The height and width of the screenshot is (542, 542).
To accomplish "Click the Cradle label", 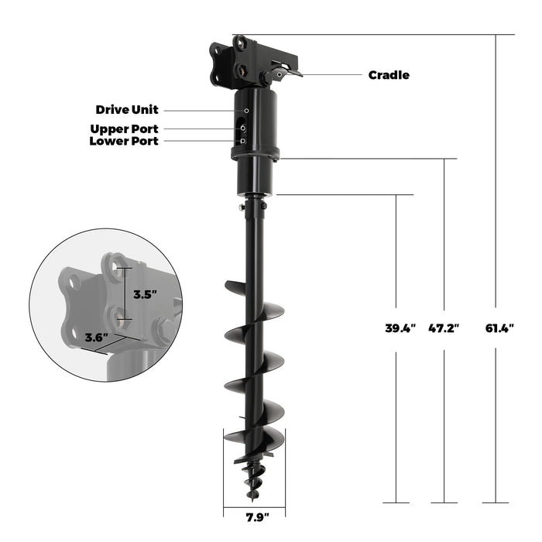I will [389, 75].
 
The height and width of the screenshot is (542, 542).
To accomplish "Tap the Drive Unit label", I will [127, 110].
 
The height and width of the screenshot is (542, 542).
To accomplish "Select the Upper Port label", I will [124, 129].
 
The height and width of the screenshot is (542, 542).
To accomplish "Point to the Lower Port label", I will [124, 141].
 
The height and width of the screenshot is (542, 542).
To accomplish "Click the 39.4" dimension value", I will [400, 328].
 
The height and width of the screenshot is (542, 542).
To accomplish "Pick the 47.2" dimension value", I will [444, 328].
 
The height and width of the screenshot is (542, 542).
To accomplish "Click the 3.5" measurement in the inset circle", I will [145, 294].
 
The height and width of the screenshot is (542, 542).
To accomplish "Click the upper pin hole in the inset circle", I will [116, 268].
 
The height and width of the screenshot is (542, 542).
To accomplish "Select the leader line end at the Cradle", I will [302, 74].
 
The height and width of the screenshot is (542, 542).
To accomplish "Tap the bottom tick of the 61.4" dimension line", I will [496, 503].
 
